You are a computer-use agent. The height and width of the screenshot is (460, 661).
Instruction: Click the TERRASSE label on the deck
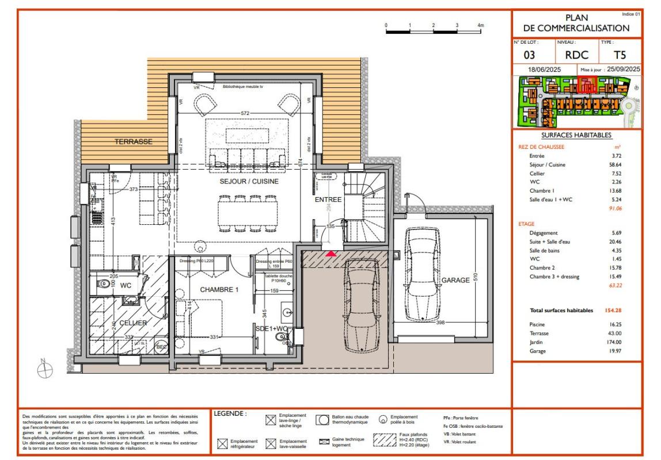(134, 141)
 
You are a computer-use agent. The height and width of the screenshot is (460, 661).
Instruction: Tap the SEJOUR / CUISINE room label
(249, 181)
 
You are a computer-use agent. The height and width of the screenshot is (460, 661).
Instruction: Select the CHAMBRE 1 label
(219, 289)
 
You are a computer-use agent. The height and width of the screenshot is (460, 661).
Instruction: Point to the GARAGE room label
(456, 280)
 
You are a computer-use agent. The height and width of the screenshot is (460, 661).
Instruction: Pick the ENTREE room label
(328, 200)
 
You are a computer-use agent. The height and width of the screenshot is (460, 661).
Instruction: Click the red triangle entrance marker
(331, 252)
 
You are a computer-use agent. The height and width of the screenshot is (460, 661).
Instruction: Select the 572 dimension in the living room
(245, 114)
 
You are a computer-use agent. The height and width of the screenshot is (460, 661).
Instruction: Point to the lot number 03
(530, 56)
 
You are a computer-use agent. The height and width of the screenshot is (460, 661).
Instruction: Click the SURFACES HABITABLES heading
(576, 135)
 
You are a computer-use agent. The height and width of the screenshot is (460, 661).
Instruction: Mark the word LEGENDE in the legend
(230, 413)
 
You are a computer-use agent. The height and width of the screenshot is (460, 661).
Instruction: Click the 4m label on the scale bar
(480, 26)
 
